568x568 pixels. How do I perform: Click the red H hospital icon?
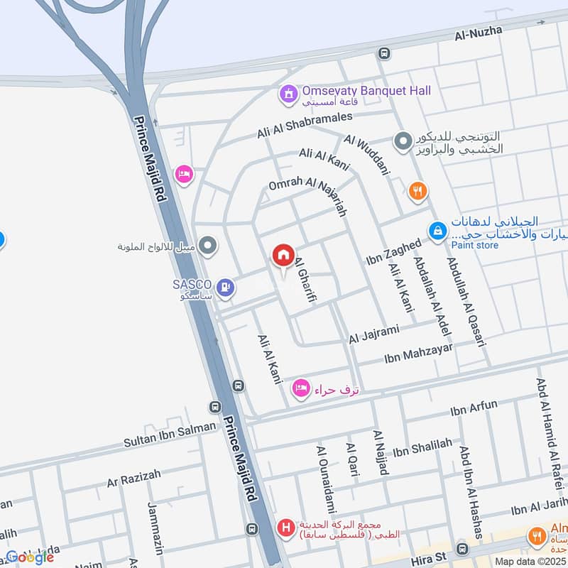point(285,528)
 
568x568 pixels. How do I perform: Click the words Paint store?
point(474,246)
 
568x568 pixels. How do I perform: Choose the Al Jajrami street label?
point(374,334)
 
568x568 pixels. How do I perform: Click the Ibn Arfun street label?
point(474,410)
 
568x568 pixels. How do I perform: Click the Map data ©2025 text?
point(530,561)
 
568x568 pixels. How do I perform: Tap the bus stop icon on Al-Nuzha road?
point(384,53)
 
